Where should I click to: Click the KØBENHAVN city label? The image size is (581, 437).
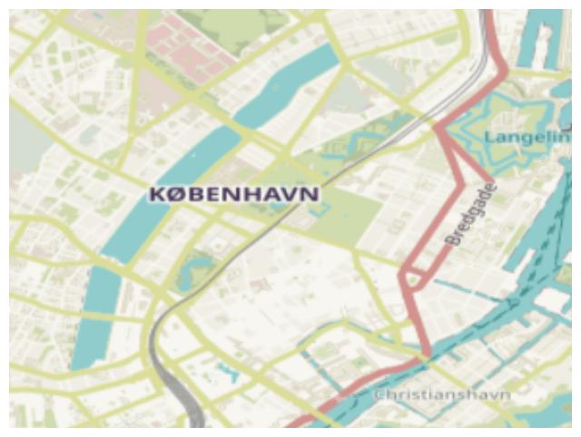pos(233,194)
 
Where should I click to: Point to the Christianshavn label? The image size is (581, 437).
pos(443,394)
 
